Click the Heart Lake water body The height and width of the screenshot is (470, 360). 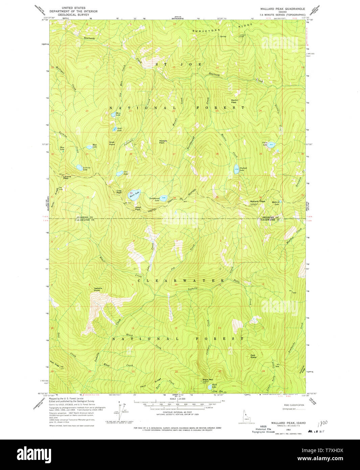[134, 194]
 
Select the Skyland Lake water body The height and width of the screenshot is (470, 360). [236, 170]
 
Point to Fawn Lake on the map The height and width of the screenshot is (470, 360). [271, 145]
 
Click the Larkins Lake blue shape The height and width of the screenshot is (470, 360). [79, 167]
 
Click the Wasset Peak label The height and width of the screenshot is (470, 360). [163, 142]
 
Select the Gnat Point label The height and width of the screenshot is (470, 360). [112, 143]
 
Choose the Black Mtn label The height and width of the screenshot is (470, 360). [208, 379]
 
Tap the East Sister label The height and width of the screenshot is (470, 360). [253, 356]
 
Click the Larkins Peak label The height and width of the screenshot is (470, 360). [67, 177]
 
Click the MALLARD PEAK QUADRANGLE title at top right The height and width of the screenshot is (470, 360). [282, 9]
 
